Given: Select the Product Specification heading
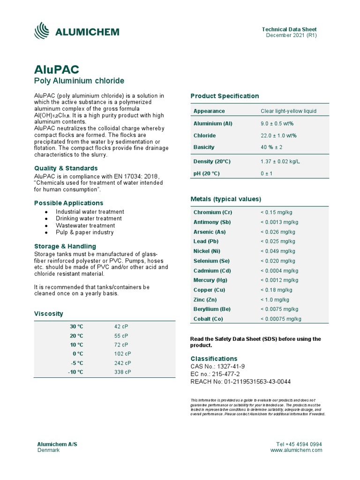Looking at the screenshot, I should [x=225, y=96].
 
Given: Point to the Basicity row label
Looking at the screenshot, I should [x=204, y=147].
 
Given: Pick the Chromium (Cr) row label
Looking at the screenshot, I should [x=213, y=212].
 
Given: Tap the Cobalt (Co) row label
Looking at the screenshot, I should [x=208, y=319].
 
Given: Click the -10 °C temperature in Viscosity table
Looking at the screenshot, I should [x=76, y=372].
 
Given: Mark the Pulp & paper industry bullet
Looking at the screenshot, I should [x=84, y=232].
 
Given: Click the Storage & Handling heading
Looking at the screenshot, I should [x=65, y=246].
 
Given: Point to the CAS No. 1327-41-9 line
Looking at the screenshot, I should [x=217, y=366].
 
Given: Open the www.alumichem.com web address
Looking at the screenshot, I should [x=296, y=450].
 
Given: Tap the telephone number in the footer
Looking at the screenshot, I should [x=299, y=444].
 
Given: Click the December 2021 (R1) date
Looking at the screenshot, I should [x=292, y=35].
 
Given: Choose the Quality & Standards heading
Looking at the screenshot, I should [x=66, y=168].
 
